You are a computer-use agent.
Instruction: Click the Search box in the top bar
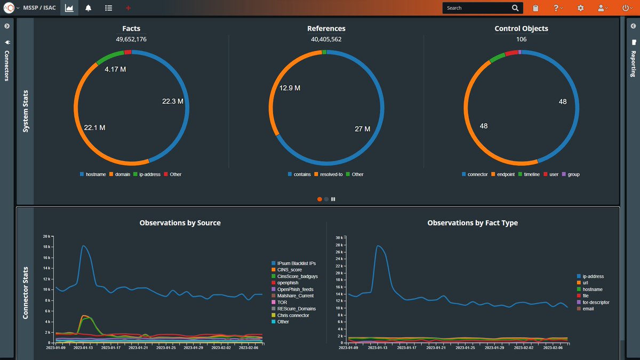(477, 8)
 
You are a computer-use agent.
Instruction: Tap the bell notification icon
(88, 8)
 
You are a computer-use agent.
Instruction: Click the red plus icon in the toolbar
(128, 8)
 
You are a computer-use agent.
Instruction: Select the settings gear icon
(580, 8)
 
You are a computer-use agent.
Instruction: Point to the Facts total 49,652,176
(131, 39)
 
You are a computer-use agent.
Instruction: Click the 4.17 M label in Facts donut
(115, 69)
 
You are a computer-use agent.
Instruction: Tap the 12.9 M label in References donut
(290, 87)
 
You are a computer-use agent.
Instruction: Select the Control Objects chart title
(521, 28)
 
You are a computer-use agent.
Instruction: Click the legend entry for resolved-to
(329, 174)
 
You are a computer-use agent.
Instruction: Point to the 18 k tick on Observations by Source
(47, 247)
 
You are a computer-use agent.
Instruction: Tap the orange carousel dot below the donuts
(319, 199)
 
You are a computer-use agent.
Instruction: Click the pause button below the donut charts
(333, 199)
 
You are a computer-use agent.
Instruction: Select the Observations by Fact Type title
(472, 223)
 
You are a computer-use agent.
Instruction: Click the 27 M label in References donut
(363, 129)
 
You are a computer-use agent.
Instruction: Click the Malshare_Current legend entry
(295, 296)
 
